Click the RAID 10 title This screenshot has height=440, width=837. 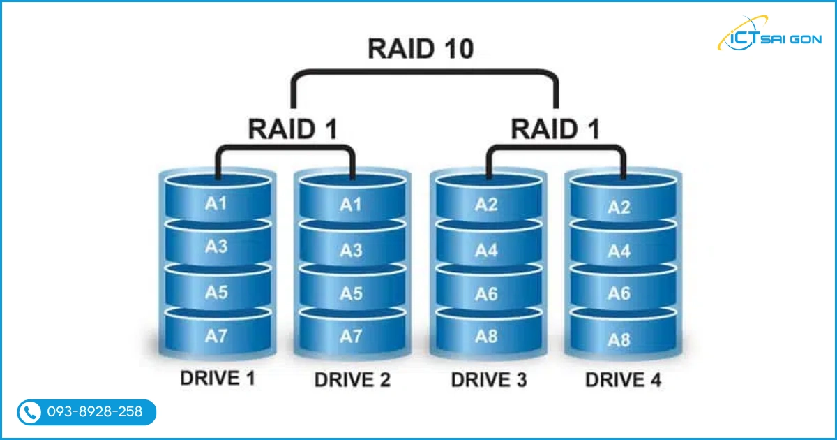421,49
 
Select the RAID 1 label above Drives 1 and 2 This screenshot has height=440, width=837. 293,129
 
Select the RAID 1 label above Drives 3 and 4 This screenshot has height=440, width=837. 556,129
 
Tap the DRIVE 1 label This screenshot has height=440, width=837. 218,379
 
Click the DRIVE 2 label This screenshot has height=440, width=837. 352,380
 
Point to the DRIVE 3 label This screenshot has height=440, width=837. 488,380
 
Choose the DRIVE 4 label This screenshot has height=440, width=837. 623,380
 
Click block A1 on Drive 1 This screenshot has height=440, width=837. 216,203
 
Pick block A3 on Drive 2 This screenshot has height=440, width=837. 351,249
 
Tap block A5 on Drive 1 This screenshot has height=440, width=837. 216,292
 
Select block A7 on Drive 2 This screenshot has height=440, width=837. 351,337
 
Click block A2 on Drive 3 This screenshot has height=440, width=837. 486,204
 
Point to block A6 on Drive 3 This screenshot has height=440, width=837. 486,294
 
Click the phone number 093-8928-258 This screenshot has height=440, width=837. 94,412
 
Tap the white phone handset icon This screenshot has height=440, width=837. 29,413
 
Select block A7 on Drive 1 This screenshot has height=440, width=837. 216,336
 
